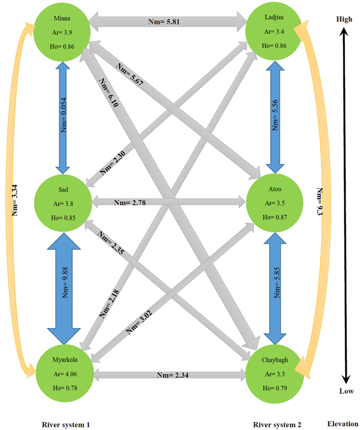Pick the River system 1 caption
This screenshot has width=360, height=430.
coord(65,424)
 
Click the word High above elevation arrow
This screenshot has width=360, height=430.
coord(344,19)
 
